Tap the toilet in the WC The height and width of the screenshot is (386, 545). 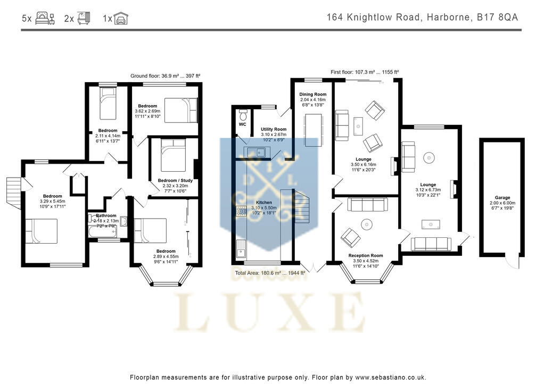(243, 115)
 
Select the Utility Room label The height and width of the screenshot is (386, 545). (273, 129)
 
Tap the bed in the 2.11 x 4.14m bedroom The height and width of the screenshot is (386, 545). (108, 100)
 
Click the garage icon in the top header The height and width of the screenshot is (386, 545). (121, 19)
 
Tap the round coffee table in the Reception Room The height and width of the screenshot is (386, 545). (367, 224)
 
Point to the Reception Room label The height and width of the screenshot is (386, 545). (366, 255)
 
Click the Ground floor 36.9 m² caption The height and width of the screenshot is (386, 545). (166, 76)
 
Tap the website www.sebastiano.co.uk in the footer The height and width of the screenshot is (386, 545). (391, 377)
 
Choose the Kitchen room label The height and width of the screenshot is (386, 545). (264, 203)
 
